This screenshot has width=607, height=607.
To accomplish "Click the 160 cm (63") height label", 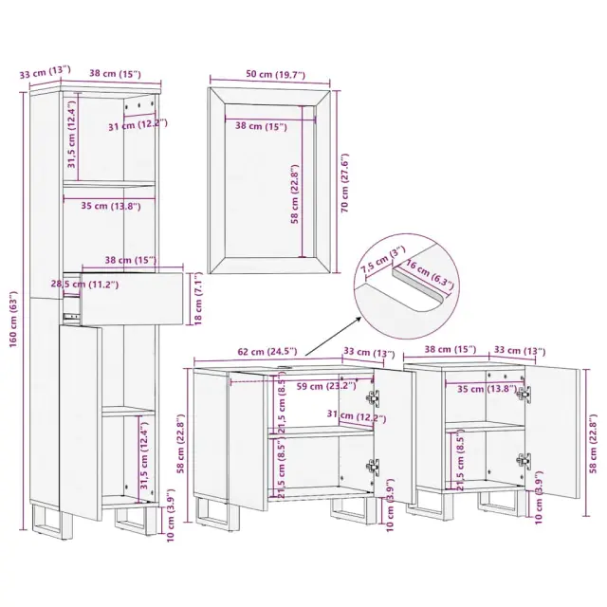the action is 13,319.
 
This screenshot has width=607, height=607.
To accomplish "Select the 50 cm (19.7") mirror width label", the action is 276,74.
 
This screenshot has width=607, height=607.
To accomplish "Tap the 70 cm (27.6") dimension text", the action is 344,182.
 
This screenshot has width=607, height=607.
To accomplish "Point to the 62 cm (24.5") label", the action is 267,351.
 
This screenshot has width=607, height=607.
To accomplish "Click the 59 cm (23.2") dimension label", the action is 326,386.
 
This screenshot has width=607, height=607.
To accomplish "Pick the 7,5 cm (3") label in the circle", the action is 382,259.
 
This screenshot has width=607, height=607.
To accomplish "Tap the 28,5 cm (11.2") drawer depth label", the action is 84,285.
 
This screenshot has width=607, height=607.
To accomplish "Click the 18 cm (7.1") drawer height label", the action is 198,299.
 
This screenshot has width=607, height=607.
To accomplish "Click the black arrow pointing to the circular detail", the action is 333,335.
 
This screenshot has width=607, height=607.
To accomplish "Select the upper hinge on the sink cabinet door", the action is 374,398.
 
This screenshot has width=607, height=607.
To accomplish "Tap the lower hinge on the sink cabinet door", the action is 374,467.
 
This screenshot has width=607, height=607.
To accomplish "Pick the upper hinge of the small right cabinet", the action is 524,395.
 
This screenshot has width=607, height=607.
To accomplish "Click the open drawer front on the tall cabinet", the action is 132,298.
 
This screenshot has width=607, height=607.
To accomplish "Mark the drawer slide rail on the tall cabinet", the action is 71,316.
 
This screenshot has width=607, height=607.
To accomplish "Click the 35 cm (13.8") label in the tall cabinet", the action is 111,206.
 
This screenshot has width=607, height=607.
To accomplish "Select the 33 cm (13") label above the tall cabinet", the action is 46,72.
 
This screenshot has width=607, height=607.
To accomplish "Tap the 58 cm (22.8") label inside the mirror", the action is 295,194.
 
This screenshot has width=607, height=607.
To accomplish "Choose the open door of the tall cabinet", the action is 80,423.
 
